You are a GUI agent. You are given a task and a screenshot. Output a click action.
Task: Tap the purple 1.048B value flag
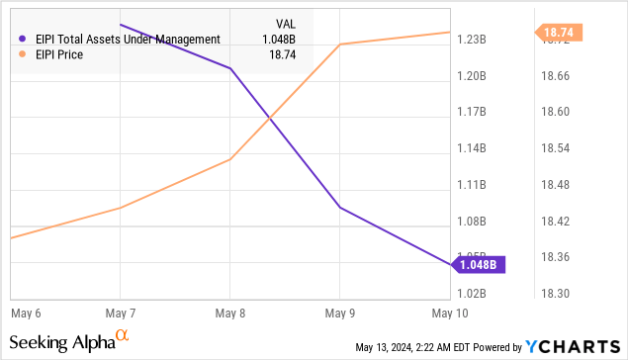click(x=478, y=264)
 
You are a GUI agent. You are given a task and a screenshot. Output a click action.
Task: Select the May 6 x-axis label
click(x=25, y=313)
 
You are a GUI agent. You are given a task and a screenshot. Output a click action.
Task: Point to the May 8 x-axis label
click(x=229, y=313)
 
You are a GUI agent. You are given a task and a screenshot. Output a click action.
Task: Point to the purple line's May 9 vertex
click(x=339, y=208)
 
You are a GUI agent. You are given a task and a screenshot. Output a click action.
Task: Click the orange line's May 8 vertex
click(x=229, y=159)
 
